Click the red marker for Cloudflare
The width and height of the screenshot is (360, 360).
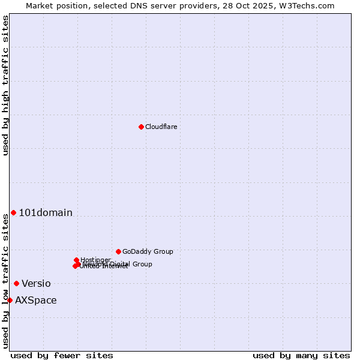(141, 127)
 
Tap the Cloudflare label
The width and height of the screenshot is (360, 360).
(161, 127)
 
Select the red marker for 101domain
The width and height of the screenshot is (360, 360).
(13, 212)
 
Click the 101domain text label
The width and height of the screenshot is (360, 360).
(46, 212)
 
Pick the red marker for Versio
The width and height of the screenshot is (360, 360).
(16, 283)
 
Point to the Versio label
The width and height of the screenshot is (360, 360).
(36, 283)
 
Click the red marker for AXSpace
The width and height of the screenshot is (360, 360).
(10, 300)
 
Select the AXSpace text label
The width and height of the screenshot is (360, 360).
(36, 300)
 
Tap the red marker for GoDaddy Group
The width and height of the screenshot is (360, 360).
(118, 251)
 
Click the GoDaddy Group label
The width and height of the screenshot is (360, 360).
(148, 251)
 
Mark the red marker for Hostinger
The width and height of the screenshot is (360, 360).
(76, 260)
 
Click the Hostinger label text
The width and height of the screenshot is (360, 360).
(95, 260)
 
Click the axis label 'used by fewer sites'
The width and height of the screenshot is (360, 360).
(62, 355)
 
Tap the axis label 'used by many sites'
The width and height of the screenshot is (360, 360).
(301, 355)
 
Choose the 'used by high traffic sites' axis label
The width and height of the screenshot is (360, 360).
(5, 85)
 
